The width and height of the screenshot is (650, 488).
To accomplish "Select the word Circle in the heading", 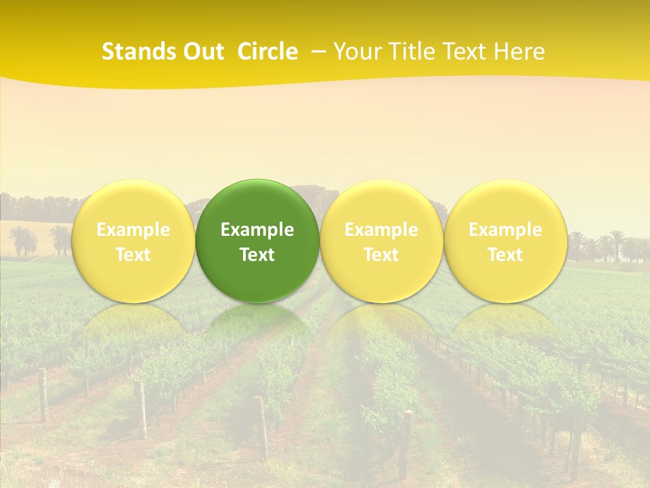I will [x=267, y=52].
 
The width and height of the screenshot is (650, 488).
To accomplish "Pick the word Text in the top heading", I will [x=460, y=52].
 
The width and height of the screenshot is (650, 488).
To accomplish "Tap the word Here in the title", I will [x=518, y=52].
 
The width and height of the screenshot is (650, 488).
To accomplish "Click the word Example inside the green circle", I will [x=257, y=230].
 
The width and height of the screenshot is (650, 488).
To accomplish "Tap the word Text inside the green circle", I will [x=257, y=255].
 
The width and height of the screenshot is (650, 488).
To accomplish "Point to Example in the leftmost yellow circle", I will [x=133, y=230].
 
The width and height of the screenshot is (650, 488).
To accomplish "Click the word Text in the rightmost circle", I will [x=506, y=255].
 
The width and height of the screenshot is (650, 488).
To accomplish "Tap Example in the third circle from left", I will [x=381, y=230].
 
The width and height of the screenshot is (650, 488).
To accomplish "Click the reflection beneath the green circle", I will [x=257, y=322].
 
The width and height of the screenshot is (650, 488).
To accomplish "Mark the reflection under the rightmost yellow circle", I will [x=506, y=322].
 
